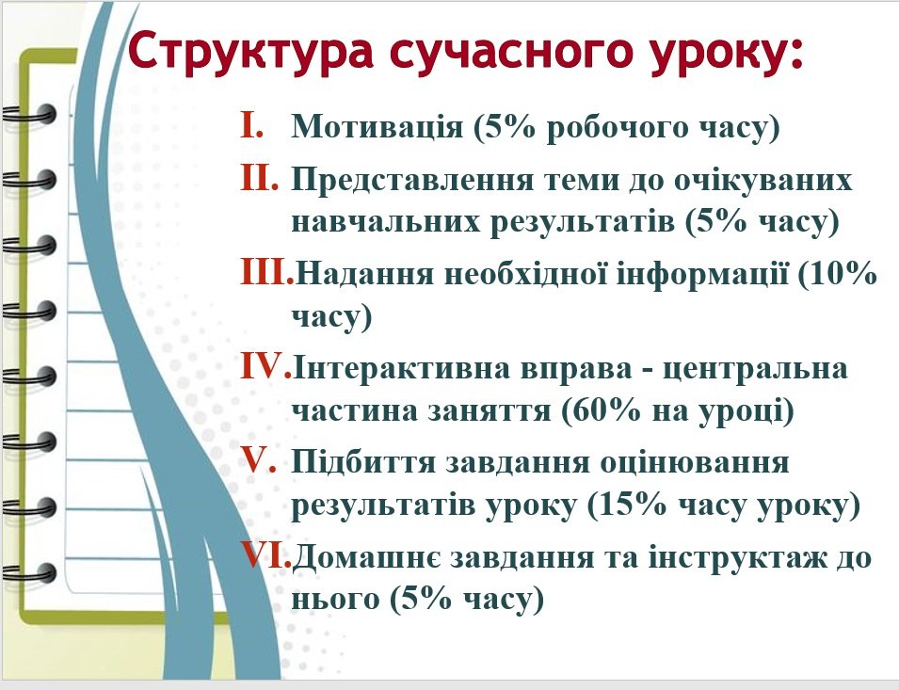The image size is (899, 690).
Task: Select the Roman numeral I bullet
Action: coord(252,125)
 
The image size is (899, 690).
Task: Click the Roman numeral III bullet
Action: coord(266,272)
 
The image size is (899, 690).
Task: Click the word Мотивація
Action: coord(377,126)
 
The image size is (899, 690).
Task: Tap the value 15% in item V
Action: coord(627,505)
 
